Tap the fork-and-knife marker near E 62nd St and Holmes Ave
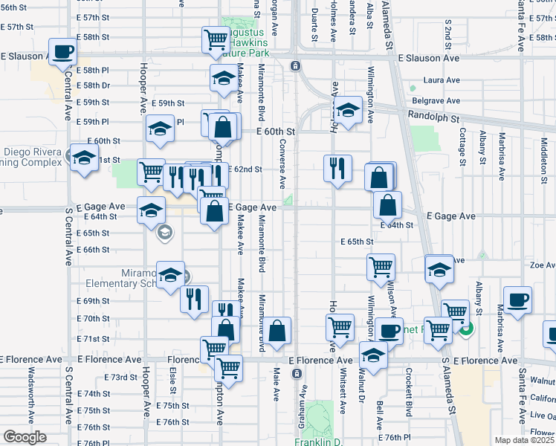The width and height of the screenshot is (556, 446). pos(337,168)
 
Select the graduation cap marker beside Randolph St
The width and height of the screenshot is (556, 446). pos(347,110)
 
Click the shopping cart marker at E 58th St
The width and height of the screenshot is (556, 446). pos(216,39)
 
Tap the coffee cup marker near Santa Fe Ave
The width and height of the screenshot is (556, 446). pos(518,300)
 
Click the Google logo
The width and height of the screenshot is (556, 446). pos(25,437)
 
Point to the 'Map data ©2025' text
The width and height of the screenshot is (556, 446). pos(524,440)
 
